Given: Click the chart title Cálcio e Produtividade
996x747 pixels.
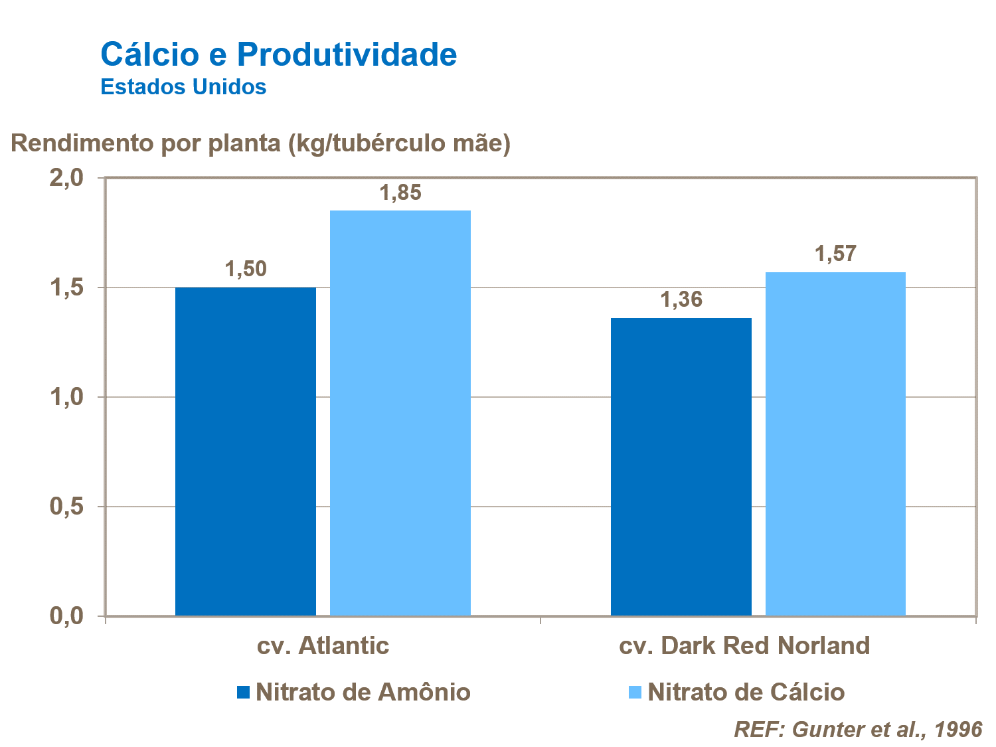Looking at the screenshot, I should coord(278,54).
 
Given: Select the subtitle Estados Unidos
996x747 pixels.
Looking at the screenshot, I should coord(183,87).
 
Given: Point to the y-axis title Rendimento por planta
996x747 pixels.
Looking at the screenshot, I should coord(260,143).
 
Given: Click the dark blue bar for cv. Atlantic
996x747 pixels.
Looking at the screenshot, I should coord(246,452).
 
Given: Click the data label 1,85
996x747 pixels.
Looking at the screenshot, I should coord(400,193).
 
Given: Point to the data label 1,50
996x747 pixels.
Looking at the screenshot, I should coord(246,269).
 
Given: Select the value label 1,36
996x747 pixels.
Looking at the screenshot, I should coord(681,299).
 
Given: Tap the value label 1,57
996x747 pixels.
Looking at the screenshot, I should coord(835,254).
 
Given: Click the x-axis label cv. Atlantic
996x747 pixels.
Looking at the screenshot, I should coord(323,645).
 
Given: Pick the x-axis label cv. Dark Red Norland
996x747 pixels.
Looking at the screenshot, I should coord(744,645).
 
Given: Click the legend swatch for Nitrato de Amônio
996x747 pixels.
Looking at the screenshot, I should coord(243,693).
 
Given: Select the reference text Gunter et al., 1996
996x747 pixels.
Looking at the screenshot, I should coord(858,729).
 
